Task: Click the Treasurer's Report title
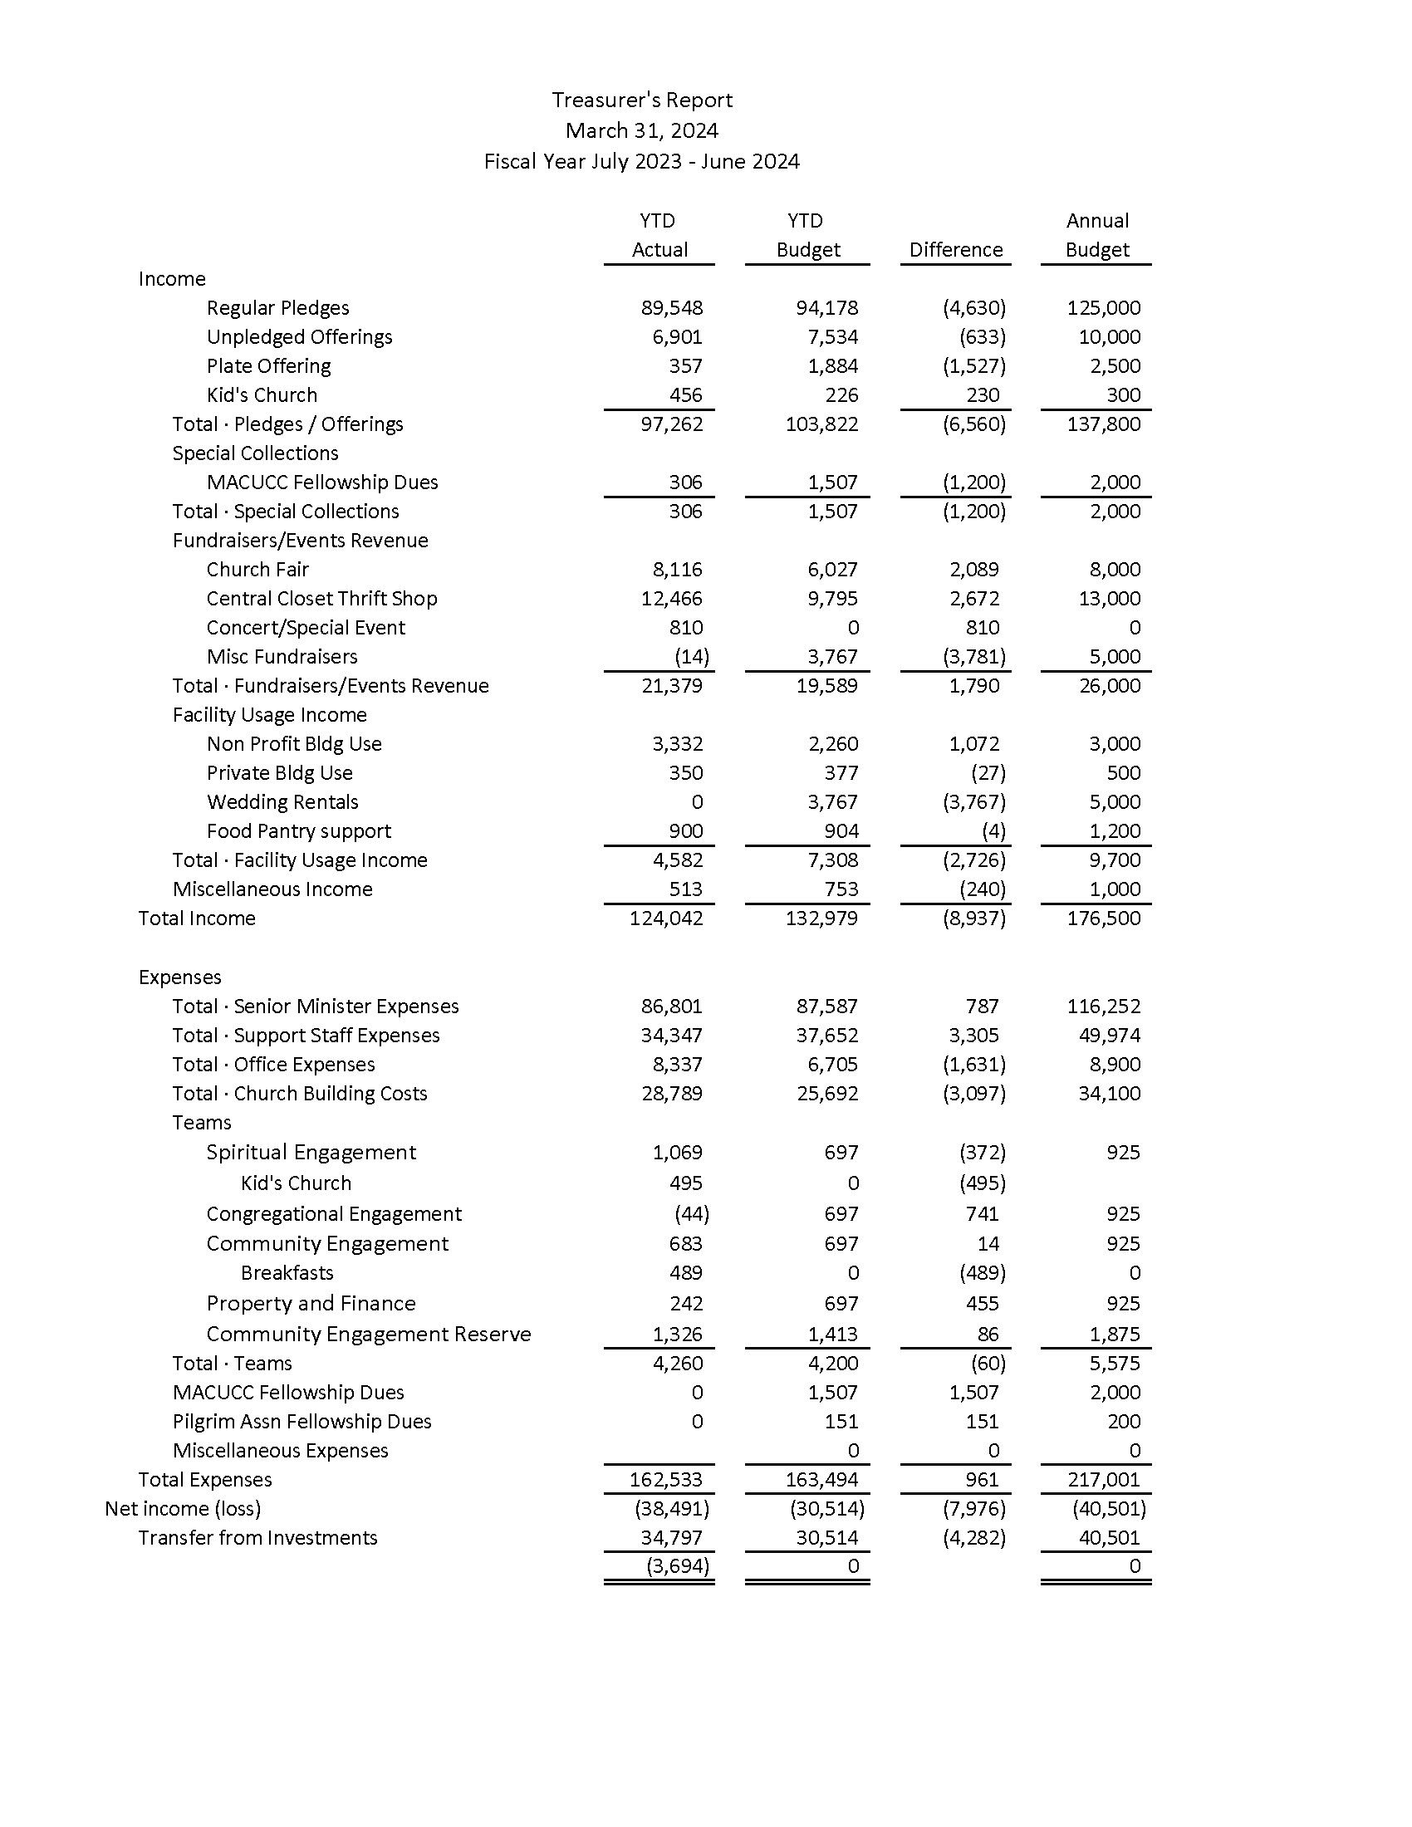pyautogui.click(x=641, y=100)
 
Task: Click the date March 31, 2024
pyautogui.click(x=641, y=131)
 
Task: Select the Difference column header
pyautogui.click(x=955, y=250)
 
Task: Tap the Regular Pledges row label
pyautogui.click(x=277, y=308)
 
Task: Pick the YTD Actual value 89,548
pyautogui.click(x=672, y=308)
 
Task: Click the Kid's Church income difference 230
pyautogui.click(x=983, y=394)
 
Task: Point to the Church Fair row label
pyautogui.click(x=257, y=570)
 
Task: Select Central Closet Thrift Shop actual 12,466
pyautogui.click(x=672, y=599)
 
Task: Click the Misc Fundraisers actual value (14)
pyautogui.click(x=692, y=657)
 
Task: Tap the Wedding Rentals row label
pyautogui.click(x=282, y=802)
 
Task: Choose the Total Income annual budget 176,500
pyautogui.click(x=1103, y=918)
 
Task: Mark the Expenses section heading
pyautogui.click(x=180, y=977)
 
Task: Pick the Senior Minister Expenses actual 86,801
pyautogui.click(x=672, y=1007)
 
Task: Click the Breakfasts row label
pyautogui.click(x=287, y=1273)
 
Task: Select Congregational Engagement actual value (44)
pyautogui.click(x=692, y=1214)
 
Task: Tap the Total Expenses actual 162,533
pyautogui.click(x=666, y=1480)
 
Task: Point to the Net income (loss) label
pyautogui.click(x=183, y=1509)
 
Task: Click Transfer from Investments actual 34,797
pyautogui.click(x=672, y=1538)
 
